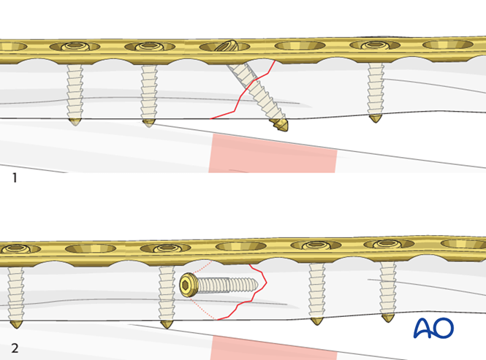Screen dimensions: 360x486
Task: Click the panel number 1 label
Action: click(15, 177)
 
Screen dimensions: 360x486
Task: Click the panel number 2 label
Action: click(15, 348)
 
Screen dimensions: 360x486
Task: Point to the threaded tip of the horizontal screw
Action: click(252, 284)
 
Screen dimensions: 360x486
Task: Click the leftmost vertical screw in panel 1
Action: click(75, 91)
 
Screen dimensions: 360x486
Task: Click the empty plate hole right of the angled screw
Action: click(300, 46)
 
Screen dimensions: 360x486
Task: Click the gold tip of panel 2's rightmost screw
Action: click(388, 318)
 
